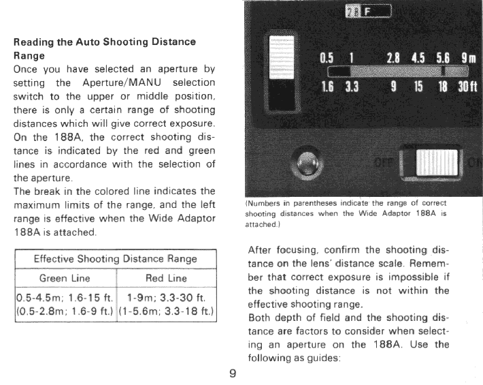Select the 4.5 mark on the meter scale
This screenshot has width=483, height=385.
pyautogui.click(x=414, y=57)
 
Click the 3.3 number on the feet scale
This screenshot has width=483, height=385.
pyautogui.click(x=352, y=87)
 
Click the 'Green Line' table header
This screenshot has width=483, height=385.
pyautogui.click(x=65, y=278)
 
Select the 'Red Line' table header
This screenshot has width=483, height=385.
pyautogui.click(x=166, y=278)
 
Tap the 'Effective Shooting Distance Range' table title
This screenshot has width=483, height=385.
pyautogui.click(x=115, y=259)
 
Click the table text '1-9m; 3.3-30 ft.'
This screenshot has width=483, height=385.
pyautogui.click(x=167, y=298)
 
